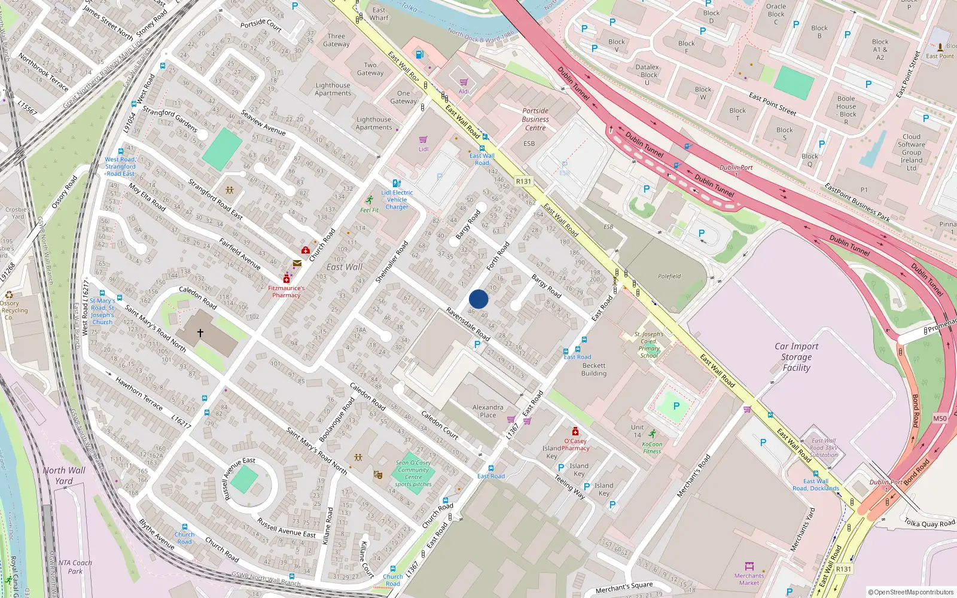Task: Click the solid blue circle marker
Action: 478,299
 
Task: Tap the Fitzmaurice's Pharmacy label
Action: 286,291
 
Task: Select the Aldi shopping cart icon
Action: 464,83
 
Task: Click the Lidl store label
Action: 423,149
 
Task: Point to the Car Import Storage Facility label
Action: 796,357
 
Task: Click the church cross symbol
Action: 200,332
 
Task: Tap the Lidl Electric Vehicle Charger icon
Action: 396,183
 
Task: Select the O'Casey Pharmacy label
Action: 575,444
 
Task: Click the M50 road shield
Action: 940,419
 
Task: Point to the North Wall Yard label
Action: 64,475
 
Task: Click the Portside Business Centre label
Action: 535,119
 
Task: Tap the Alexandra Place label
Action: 487,411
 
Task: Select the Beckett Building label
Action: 593,369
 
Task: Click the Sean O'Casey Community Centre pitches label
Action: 413,473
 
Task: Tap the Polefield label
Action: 669,276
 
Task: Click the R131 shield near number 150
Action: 523,181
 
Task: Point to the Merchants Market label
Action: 749,579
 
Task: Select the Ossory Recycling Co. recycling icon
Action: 9,295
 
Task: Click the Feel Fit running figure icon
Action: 370,200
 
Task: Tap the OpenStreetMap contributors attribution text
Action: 911,592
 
